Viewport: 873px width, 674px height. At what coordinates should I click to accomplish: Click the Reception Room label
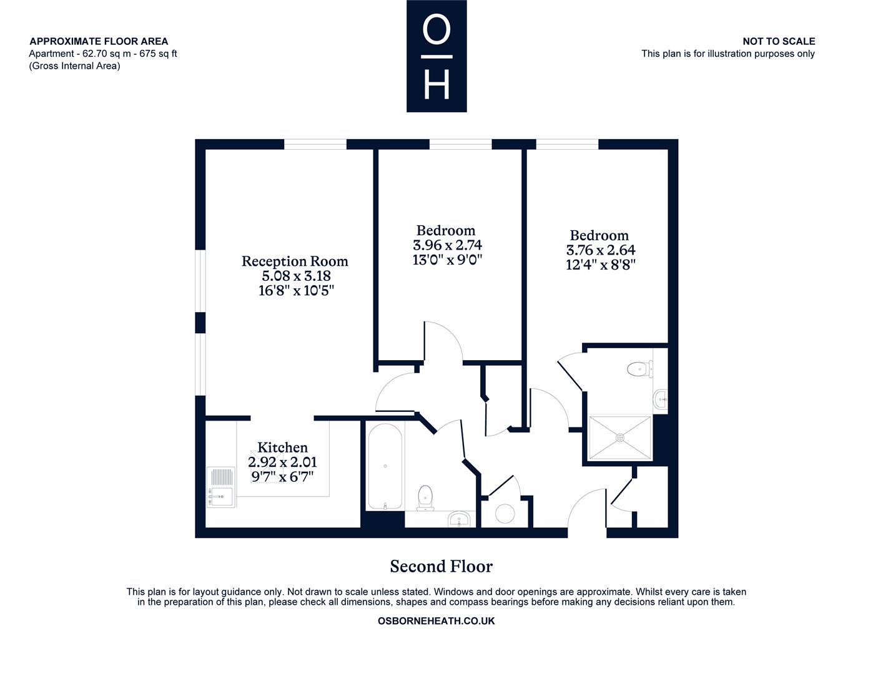point(295,261)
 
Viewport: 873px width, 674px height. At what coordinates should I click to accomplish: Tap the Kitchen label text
point(282,447)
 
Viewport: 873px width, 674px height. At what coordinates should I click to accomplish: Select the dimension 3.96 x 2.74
point(447,245)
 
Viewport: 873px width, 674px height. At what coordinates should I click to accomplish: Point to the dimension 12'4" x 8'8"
point(601,265)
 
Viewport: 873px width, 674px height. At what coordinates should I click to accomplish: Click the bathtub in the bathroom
point(385,466)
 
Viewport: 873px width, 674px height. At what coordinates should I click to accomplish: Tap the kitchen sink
point(220,487)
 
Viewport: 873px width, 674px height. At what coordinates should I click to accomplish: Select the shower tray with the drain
point(619,437)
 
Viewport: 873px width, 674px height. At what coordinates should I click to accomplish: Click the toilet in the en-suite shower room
point(639,368)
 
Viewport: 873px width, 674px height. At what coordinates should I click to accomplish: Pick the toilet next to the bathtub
point(425,497)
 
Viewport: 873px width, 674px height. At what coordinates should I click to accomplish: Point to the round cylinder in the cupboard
point(505,513)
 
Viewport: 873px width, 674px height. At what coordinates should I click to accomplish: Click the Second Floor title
point(441,567)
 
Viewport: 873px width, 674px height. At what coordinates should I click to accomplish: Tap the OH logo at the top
point(436,56)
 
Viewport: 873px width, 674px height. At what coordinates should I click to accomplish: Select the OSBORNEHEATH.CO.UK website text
point(436,621)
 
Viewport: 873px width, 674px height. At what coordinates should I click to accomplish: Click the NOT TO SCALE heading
point(779,41)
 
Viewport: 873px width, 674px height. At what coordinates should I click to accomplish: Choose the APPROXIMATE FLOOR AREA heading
point(99,41)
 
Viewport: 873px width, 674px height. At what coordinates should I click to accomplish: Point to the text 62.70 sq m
point(106,54)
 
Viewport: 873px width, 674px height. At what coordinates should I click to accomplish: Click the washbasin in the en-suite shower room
point(661,399)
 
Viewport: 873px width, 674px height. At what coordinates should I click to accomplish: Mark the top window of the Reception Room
point(315,144)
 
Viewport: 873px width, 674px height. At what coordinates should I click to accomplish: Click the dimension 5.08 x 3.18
point(297,276)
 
